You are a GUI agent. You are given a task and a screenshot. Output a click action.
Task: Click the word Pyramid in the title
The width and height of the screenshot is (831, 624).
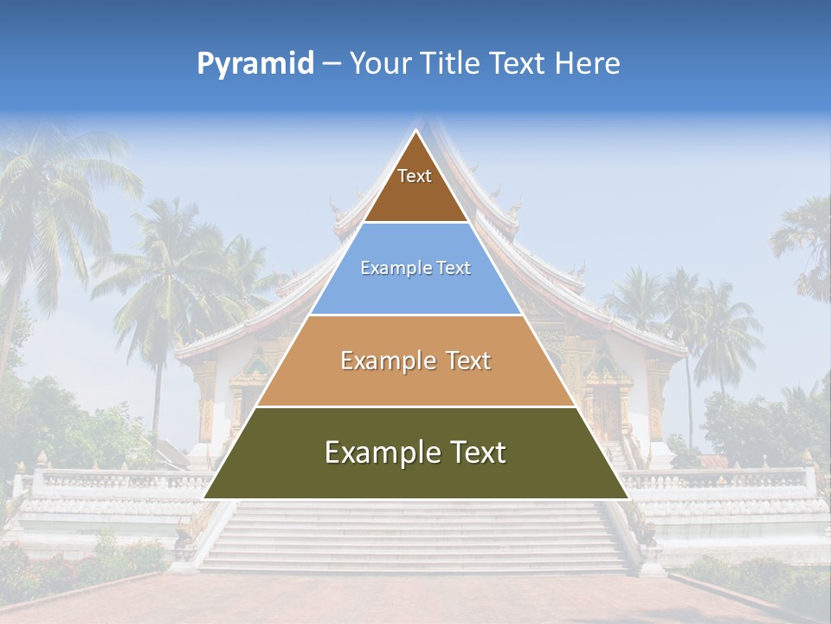[x=255, y=63]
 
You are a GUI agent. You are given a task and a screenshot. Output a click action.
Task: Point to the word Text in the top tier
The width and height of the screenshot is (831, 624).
[x=415, y=176]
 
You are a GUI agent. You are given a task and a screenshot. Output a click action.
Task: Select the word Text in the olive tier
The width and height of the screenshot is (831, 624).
[x=473, y=452]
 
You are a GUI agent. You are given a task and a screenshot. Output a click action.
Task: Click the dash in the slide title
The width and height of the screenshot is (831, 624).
[x=332, y=63]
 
